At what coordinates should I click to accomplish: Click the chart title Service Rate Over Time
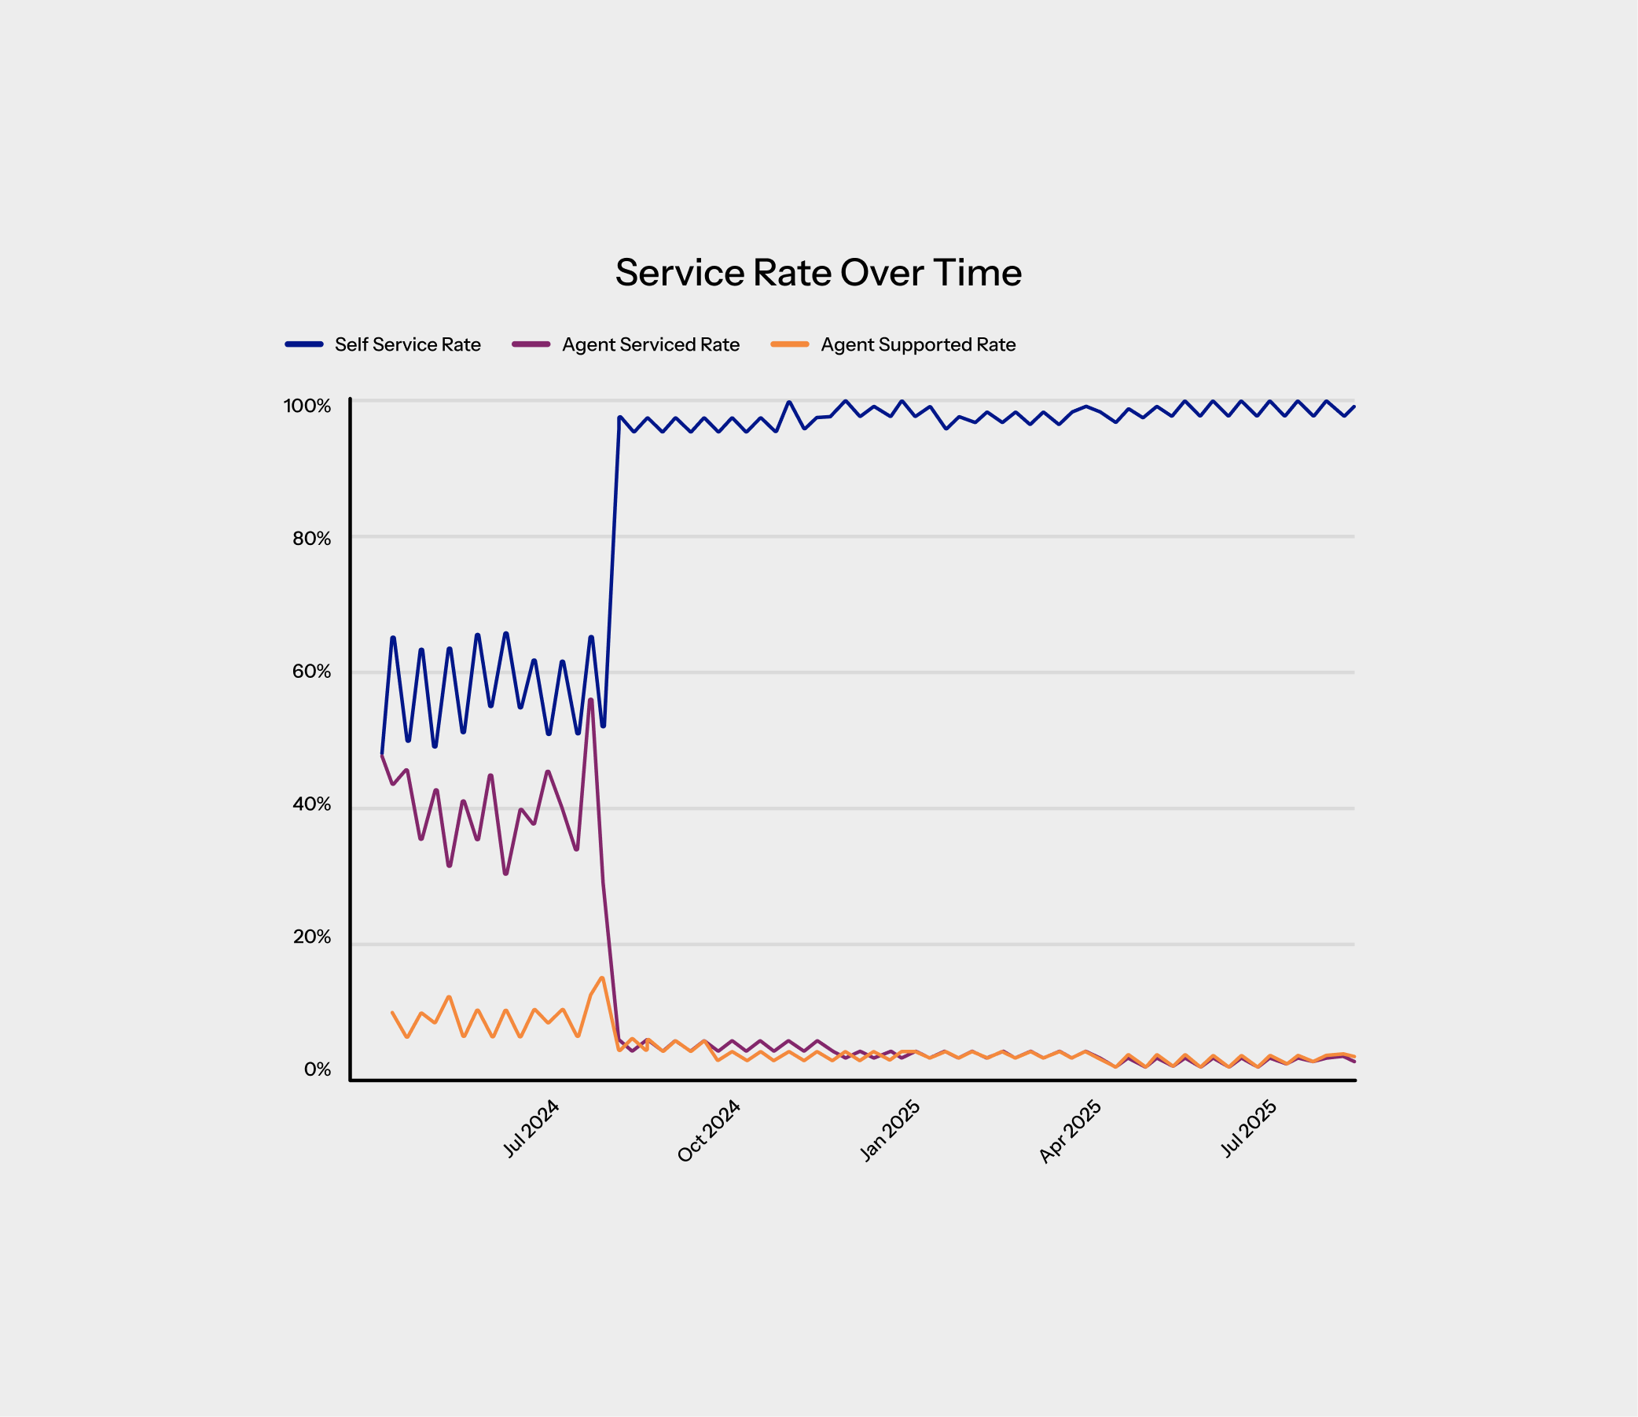(x=818, y=273)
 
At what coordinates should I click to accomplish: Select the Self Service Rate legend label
(x=407, y=344)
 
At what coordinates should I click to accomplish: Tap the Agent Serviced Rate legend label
(x=651, y=344)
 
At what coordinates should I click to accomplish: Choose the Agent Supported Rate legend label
(x=918, y=344)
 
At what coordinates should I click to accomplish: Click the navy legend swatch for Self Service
(x=304, y=344)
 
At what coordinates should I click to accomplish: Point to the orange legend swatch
(x=790, y=344)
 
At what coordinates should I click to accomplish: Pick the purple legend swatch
(x=531, y=344)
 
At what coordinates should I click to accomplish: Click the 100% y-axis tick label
(x=307, y=406)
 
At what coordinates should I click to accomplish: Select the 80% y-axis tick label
(x=311, y=539)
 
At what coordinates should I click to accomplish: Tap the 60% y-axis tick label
(x=311, y=672)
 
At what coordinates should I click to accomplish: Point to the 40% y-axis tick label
(x=311, y=804)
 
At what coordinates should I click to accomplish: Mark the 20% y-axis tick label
(x=311, y=937)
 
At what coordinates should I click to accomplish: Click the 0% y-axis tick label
(x=317, y=1070)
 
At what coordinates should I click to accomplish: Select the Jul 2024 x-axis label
(x=531, y=1129)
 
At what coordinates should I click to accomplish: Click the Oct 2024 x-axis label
(x=708, y=1131)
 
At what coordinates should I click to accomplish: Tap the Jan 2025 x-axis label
(x=891, y=1131)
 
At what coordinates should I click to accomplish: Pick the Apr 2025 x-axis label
(x=1070, y=1132)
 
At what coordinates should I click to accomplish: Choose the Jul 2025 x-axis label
(x=1249, y=1129)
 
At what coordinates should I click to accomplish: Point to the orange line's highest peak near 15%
(x=602, y=978)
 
